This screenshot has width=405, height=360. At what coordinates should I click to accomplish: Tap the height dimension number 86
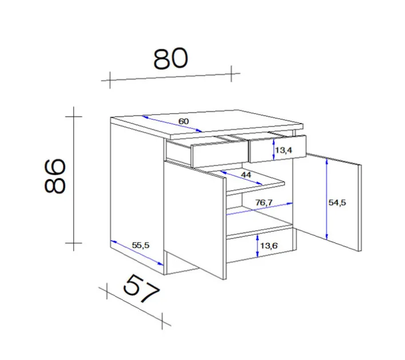click(55, 176)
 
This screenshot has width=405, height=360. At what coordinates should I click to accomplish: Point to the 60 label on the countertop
click(183, 121)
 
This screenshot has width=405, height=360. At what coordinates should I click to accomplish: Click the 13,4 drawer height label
click(284, 151)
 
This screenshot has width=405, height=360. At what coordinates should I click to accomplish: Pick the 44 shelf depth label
click(246, 174)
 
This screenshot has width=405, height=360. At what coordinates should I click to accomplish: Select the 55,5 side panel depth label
click(140, 245)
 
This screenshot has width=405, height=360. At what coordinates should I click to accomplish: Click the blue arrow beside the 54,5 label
click(326, 199)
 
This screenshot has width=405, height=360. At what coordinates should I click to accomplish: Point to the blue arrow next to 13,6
click(257, 246)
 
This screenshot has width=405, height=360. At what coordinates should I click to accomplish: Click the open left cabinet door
click(194, 218)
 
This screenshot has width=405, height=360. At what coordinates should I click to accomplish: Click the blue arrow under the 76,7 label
click(260, 208)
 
